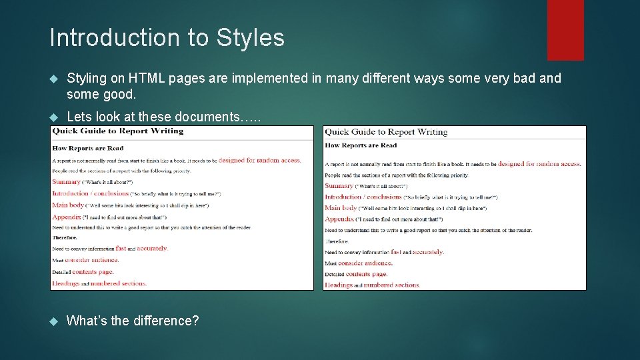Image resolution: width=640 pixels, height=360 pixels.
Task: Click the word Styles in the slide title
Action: point(250,38)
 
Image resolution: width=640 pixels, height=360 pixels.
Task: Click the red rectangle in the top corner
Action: point(565,30)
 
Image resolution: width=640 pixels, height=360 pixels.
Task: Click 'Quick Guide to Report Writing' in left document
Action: point(117,131)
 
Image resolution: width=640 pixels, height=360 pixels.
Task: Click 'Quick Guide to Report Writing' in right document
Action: point(386,132)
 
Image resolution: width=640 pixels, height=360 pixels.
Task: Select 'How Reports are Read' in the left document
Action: point(87,148)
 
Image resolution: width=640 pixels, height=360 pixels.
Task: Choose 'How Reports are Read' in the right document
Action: point(361,145)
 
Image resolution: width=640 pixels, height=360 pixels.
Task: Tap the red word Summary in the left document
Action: point(66,181)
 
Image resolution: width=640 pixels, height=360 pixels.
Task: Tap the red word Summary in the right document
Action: point(339,186)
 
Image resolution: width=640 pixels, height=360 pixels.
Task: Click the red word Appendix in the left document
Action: point(67,217)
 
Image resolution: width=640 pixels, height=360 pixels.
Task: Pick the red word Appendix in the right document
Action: point(339,219)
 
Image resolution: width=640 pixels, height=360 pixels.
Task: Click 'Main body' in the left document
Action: point(68,205)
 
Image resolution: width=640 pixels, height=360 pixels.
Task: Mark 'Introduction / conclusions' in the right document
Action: point(363,197)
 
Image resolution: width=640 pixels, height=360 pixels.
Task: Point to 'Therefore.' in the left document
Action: point(65,237)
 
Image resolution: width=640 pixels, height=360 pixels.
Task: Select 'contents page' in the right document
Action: point(366,274)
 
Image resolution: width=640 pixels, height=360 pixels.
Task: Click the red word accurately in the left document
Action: point(152,249)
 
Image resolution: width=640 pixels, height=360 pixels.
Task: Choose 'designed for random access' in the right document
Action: point(539,164)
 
